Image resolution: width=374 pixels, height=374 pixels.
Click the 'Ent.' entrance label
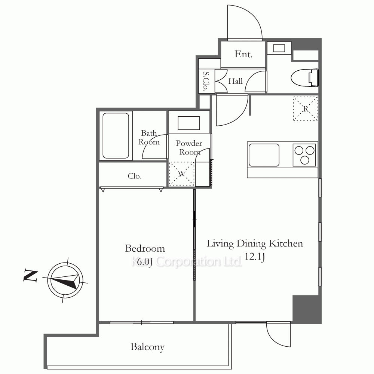tap(243, 54)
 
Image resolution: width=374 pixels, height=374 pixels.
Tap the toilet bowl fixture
tap(304, 77)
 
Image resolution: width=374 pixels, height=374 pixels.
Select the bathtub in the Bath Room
tap(116, 135)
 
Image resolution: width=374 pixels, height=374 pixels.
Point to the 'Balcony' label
tap(147, 347)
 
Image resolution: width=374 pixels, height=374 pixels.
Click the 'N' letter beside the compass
tap(30, 276)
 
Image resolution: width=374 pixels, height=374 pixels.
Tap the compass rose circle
tap(65, 280)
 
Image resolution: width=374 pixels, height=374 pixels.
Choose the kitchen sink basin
tap(264, 155)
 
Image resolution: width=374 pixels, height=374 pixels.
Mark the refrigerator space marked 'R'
tap(305, 108)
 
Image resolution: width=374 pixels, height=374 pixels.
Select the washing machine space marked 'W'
tap(181, 174)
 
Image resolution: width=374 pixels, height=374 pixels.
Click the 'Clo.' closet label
tap(135, 176)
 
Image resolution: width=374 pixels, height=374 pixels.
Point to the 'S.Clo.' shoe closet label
tap(206, 81)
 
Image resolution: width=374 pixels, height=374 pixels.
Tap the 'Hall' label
tap(235, 81)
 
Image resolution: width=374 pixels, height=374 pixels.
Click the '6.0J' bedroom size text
tap(144, 262)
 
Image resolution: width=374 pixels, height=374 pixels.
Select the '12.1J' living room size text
tap(255, 257)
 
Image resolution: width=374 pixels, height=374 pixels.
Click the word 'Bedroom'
tap(145, 249)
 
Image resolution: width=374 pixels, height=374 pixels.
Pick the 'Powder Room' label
tap(189, 148)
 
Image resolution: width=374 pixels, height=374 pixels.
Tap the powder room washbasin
tap(188, 123)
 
